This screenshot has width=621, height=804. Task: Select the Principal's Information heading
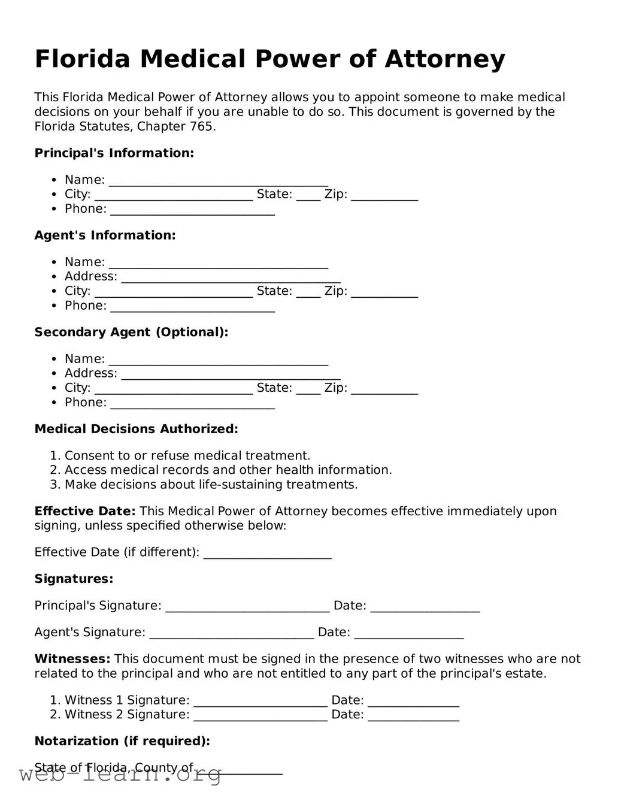(x=114, y=153)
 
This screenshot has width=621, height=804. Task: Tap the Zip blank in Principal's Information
(x=384, y=196)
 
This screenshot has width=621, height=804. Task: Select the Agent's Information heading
(x=105, y=235)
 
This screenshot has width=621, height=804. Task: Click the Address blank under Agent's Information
(x=231, y=278)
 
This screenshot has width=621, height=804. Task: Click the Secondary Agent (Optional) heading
(x=131, y=332)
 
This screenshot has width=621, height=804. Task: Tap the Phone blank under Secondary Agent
(x=192, y=404)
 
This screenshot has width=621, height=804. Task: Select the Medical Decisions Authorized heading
(x=136, y=429)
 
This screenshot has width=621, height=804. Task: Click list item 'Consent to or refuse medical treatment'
(x=187, y=456)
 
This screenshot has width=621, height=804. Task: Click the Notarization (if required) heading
(x=122, y=741)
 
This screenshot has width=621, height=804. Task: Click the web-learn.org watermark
(x=120, y=775)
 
